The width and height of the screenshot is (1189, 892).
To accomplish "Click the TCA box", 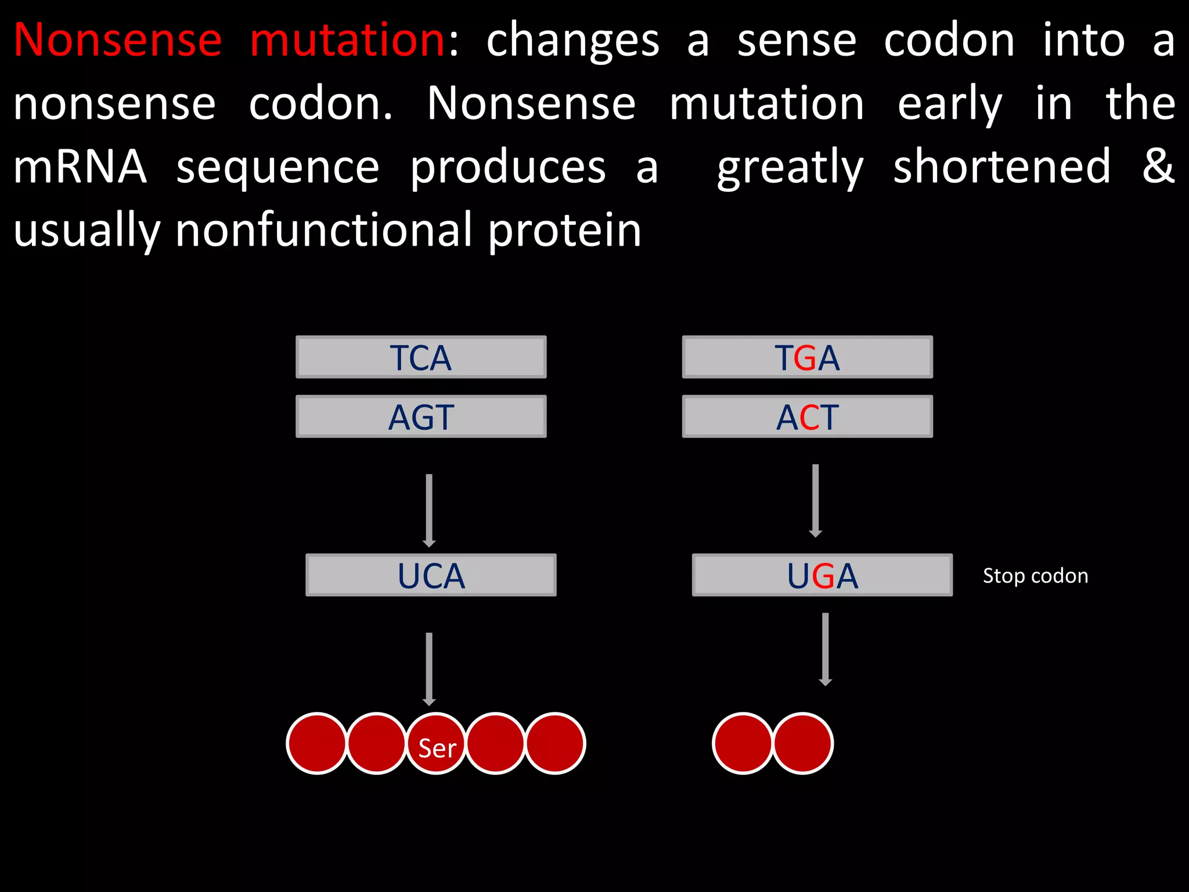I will (421, 357).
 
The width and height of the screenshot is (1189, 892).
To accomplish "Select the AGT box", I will (421, 417).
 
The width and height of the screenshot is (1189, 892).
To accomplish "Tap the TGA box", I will (807, 357).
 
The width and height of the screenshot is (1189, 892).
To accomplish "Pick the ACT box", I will (807, 417).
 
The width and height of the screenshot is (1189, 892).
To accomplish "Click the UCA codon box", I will (431, 576).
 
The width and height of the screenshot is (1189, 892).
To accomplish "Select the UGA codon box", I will (822, 576).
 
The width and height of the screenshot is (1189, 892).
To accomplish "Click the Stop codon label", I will (1035, 576).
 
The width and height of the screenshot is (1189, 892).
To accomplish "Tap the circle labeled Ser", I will (437, 744).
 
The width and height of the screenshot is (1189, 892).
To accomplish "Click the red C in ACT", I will (808, 418).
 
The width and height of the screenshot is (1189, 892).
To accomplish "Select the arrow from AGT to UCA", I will (429, 510).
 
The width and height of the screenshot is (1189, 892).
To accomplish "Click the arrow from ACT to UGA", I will (815, 500).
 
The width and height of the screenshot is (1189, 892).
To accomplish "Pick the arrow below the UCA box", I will (429, 669).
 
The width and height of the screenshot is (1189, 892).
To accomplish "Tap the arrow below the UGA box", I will (825, 649).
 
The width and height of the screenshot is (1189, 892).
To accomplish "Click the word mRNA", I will (80, 167).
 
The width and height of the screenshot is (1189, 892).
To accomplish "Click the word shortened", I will (1001, 167).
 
